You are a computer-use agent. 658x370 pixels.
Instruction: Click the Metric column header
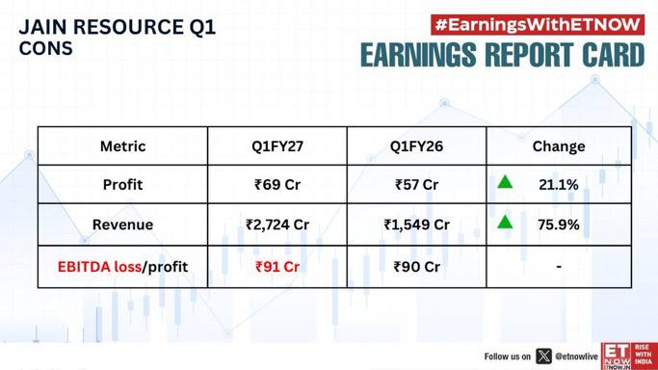coord(122,146)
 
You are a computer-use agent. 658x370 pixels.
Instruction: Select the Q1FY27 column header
coord(277,146)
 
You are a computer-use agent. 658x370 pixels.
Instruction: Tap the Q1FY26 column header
coord(416,146)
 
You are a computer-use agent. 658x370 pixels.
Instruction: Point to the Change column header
coord(559,146)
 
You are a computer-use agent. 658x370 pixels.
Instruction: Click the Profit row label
coord(122,185)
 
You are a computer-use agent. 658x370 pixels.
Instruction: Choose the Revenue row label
coord(122,225)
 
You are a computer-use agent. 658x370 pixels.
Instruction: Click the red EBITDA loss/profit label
coord(122,267)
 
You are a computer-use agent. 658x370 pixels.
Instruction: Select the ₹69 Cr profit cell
coord(277,185)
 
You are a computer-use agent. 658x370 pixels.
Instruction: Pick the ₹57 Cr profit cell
coord(416,185)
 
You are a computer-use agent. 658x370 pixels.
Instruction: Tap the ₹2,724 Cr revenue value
coord(277,225)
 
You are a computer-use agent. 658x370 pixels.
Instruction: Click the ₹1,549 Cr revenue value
coord(416,225)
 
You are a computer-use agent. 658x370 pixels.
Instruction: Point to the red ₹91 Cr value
coord(277,267)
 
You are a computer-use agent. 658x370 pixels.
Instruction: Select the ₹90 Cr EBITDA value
coord(416,267)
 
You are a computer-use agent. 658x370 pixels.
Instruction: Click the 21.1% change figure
coord(559,185)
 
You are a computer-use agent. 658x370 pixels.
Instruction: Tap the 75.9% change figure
coord(559,225)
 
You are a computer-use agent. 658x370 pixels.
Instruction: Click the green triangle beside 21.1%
coord(505,182)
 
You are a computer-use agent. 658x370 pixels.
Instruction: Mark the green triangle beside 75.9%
coord(505,222)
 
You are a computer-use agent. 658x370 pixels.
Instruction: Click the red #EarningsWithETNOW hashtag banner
coord(538,25)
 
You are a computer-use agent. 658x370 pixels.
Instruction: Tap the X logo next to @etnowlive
coord(544,357)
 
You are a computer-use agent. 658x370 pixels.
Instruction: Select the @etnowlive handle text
coord(576,357)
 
